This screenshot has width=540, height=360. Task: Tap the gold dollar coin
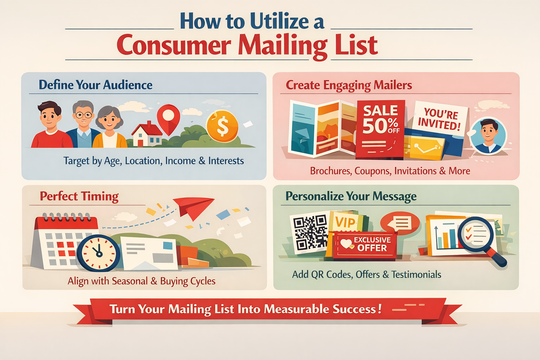click(x=222, y=126)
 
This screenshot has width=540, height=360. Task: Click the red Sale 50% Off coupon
click(x=380, y=129)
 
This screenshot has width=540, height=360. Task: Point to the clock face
click(x=98, y=253)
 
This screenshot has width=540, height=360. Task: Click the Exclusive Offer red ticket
click(x=365, y=245)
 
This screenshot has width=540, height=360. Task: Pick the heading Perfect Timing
click(x=79, y=197)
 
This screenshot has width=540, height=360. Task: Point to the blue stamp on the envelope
click(x=168, y=246)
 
